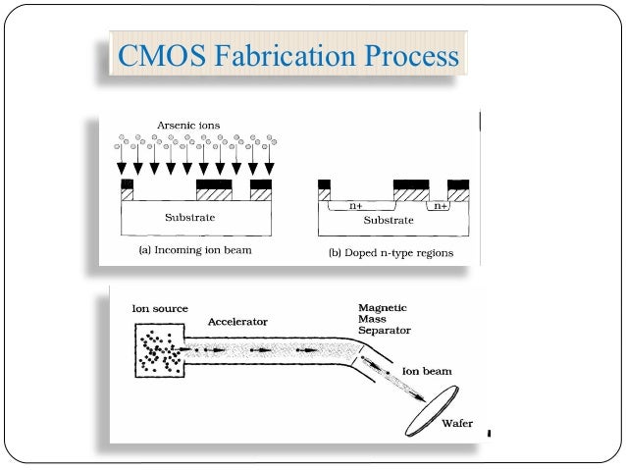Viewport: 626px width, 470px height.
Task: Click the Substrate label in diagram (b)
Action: (x=389, y=221)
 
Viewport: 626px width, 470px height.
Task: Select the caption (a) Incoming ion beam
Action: (x=193, y=251)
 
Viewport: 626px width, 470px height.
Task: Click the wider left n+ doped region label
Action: (x=358, y=207)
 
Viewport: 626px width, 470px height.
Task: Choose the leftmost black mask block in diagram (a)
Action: (x=126, y=184)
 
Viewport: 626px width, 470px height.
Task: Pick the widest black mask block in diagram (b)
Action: (x=410, y=184)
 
